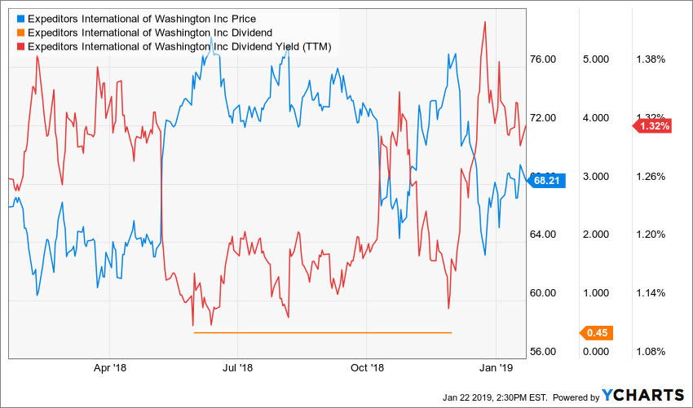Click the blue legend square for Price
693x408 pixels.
point(20,19)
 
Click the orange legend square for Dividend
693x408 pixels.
point(20,33)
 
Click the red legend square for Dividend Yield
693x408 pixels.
point(20,47)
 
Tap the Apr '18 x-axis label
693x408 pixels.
point(109,368)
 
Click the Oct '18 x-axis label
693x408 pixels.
point(367,368)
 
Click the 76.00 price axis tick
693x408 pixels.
point(542,59)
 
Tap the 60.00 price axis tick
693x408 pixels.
point(542,293)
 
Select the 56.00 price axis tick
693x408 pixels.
point(542,352)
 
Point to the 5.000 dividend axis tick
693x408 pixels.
point(596,59)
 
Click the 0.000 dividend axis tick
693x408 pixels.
point(596,352)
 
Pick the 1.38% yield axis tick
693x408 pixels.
point(651,59)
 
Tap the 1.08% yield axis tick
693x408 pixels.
point(651,352)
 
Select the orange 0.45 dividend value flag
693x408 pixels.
point(597,332)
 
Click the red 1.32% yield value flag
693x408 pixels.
point(653,126)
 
